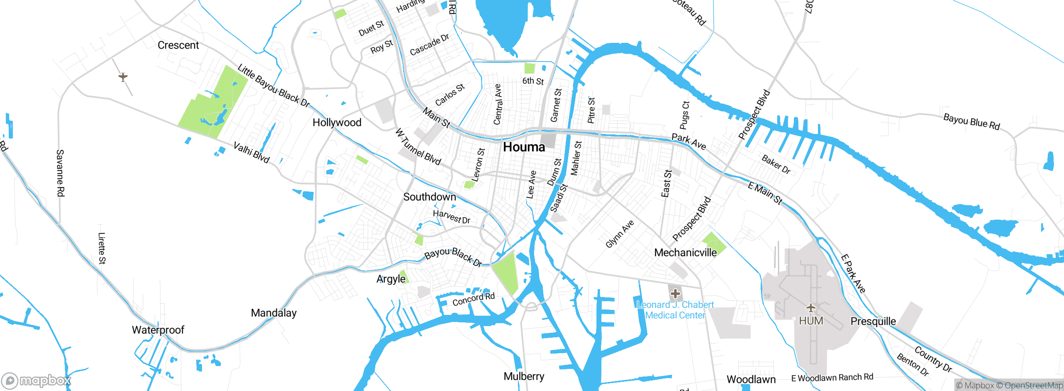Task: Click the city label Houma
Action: click(524, 147)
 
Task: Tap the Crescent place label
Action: click(178, 45)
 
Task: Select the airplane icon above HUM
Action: click(810, 308)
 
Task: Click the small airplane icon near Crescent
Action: click(123, 77)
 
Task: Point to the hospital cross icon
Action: click(675, 294)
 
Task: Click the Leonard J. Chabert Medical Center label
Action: click(675, 310)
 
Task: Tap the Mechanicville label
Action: click(685, 252)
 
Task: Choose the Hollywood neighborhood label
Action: click(337, 123)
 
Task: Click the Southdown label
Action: click(429, 197)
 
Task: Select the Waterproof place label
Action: click(158, 330)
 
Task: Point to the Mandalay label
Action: click(273, 313)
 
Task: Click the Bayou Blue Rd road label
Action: click(971, 121)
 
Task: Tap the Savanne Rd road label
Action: click(60, 173)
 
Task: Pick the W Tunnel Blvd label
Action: click(418, 147)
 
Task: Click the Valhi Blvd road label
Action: click(251, 153)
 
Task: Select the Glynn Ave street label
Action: click(619, 234)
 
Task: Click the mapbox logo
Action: click(37, 380)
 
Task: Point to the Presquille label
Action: click(873, 322)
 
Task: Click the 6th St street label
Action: click(533, 81)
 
